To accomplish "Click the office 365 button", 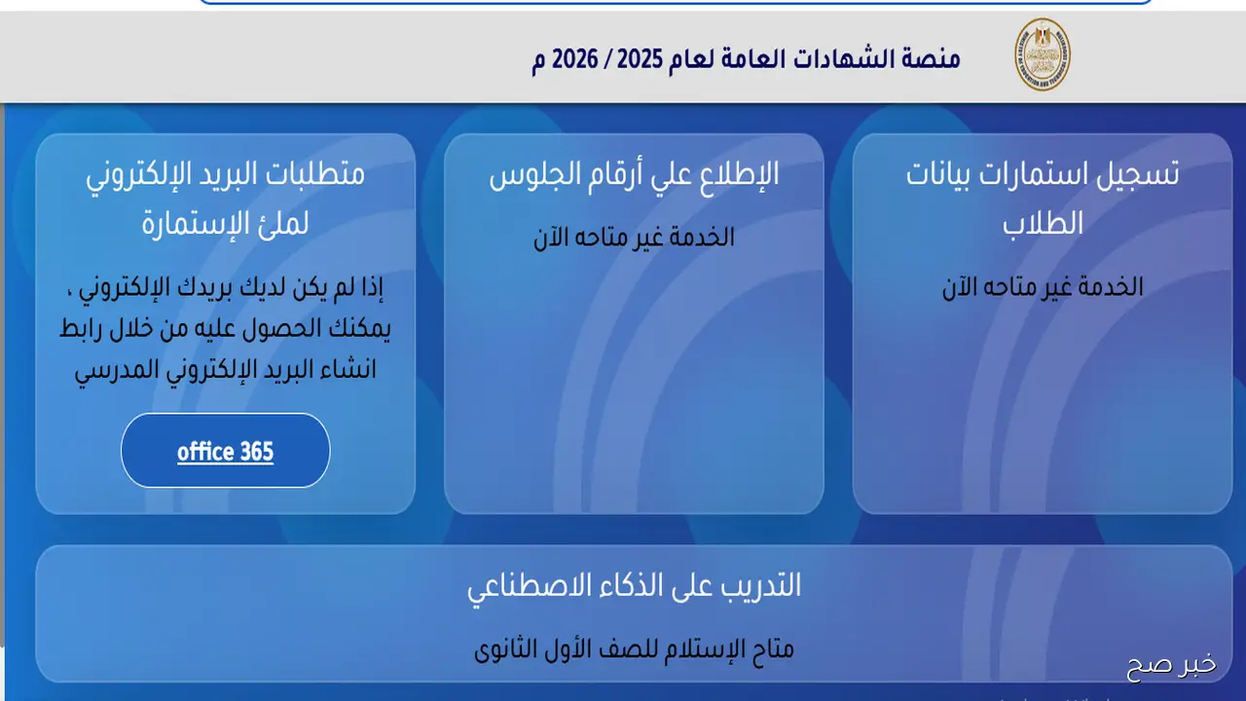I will pyautogui.click(x=225, y=452).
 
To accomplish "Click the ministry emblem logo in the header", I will pyautogui.click(x=1043, y=55).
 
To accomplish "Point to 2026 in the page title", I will pyautogui.click(x=575, y=58).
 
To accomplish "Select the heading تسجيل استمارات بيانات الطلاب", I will pyautogui.click(x=1043, y=198).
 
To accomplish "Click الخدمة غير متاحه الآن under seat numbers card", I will pyautogui.click(x=634, y=237).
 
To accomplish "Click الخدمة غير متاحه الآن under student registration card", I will pyautogui.click(x=1043, y=287).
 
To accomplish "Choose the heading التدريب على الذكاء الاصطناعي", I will pyautogui.click(x=634, y=586).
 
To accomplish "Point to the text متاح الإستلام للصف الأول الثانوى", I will pyautogui.click(x=634, y=648).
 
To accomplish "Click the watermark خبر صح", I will pyautogui.click(x=1171, y=666).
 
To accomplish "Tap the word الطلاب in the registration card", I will pyautogui.click(x=1043, y=223).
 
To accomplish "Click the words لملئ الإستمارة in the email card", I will pyautogui.click(x=225, y=223).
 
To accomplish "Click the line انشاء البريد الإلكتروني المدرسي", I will pyautogui.click(x=225, y=371).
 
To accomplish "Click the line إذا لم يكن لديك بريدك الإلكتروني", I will pyautogui.click(x=225, y=288).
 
